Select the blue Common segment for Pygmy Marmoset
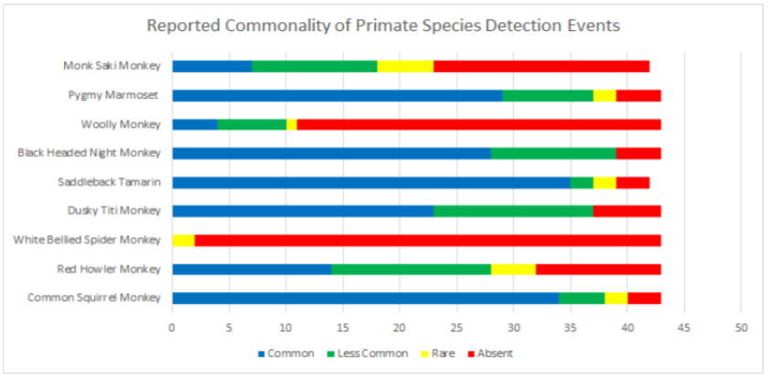(336, 95)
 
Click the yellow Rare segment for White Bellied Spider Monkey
(183, 240)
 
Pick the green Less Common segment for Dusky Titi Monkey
(512, 211)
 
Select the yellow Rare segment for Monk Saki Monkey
(405, 66)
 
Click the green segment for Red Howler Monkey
(411, 268)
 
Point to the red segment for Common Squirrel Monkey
(644, 298)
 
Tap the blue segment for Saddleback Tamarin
(370, 181)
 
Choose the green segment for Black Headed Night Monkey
(552, 153)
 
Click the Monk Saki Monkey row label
(112, 66)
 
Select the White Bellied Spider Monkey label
(87, 240)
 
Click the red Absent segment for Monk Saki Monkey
(541, 66)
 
